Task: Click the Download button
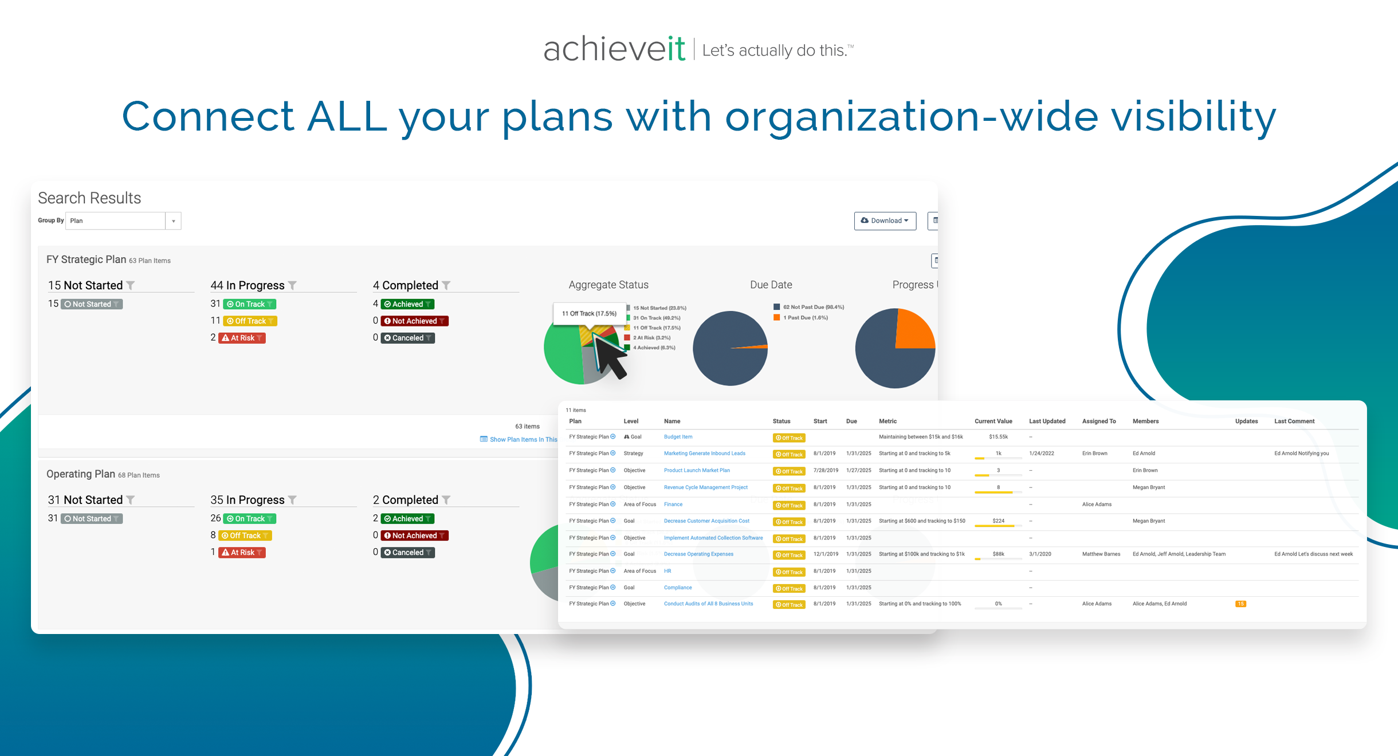tap(885, 220)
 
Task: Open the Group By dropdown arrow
tap(173, 221)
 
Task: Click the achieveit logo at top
tap(614, 49)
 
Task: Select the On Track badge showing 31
tap(249, 304)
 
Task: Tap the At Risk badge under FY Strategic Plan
tap(242, 338)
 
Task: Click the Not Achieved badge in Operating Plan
tap(414, 535)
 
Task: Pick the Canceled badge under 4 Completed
tap(407, 338)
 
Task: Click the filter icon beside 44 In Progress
tap(293, 285)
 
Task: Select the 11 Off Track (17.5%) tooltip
tap(589, 313)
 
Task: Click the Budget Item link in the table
tap(678, 437)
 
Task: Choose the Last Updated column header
tap(1047, 421)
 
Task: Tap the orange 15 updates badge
tap(1240, 604)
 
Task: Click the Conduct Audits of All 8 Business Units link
tap(708, 604)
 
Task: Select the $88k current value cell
tap(998, 554)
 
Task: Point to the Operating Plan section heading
tap(81, 474)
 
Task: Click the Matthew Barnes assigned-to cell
tap(1101, 554)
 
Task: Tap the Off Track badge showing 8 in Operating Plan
tap(245, 535)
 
